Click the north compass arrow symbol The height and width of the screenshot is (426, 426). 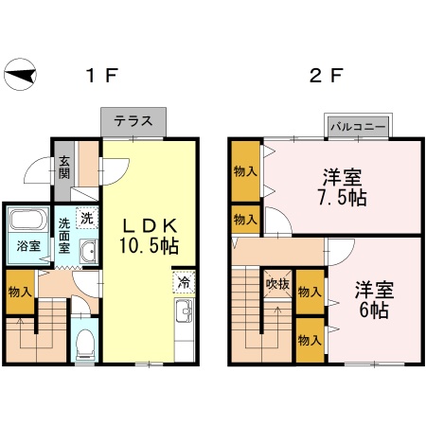pyautogui.click(x=20, y=75)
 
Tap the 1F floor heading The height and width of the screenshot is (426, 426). pyautogui.click(x=102, y=76)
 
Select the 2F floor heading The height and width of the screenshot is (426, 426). pyautogui.click(x=327, y=76)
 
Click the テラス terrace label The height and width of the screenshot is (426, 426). pyautogui.click(x=133, y=121)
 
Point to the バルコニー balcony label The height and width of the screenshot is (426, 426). pyautogui.click(x=358, y=127)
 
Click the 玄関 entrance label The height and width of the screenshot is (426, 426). pyautogui.click(x=64, y=168)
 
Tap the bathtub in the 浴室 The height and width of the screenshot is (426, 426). pyautogui.click(x=28, y=220)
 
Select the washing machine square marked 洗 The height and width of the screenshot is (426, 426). pyautogui.click(x=87, y=218)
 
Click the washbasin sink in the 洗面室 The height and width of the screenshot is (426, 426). pyautogui.click(x=89, y=251)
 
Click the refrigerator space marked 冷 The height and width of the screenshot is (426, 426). pyautogui.click(x=184, y=282)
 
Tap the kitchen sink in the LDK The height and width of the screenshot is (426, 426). pyautogui.click(x=185, y=311)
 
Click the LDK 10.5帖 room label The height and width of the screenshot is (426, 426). pyautogui.click(x=149, y=236)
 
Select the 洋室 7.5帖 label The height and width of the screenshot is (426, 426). pyautogui.click(x=343, y=187)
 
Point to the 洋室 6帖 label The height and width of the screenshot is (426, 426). pyautogui.click(x=374, y=299)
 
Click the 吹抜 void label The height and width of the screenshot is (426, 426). pyautogui.click(x=277, y=284)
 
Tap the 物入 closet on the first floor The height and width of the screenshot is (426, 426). pyautogui.click(x=20, y=292)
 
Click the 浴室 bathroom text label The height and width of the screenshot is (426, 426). pyautogui.click(x=28, y=246)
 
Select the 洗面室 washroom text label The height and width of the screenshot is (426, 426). pyautogui.click(x=64, y=236)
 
